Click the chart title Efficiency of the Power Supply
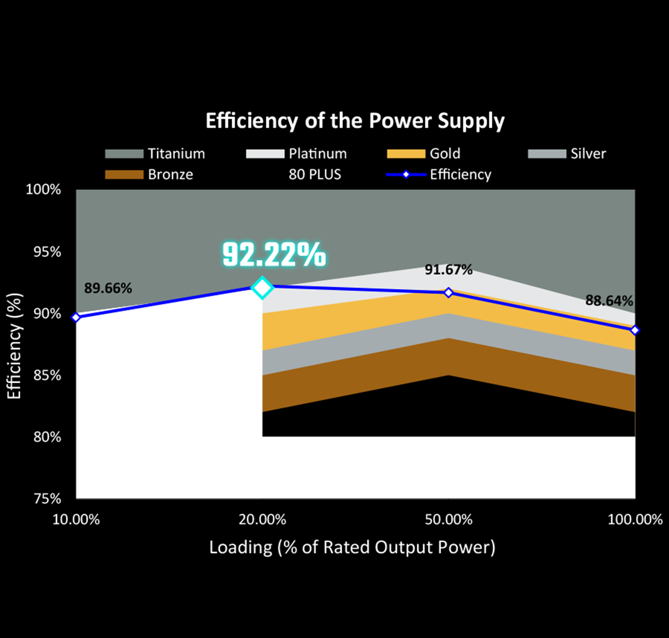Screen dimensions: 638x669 click(x=355, y=122)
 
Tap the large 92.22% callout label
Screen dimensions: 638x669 click(x=273, y=255)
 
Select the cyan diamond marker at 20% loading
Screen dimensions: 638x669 click(x=262, y=288)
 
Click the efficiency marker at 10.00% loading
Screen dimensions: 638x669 click(x=76, y=317)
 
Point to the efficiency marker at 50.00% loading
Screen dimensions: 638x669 click(x=449, y=292)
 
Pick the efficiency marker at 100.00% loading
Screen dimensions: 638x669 click(x=635, y=330)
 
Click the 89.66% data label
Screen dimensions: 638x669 click(x=108, y=288)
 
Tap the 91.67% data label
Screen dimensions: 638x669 click(x=449, y=270)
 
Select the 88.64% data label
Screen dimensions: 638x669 click(x=609, y=300)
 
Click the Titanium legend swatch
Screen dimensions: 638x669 click(x=124, y=154)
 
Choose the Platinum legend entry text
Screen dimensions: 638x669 click(x=318, y=154)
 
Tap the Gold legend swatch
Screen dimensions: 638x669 click(x=405, y=154)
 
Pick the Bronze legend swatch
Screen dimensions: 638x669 click(x=124, y=174)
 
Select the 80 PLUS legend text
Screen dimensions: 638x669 click(x=315, y=174)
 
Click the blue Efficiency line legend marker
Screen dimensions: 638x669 click(x=405, y=174)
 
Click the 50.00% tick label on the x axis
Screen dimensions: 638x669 click(x=448, y=520)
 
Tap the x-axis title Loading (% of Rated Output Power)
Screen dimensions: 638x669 click(x=352, y=547)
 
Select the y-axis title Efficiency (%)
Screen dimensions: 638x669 click(x=15, y=344)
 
